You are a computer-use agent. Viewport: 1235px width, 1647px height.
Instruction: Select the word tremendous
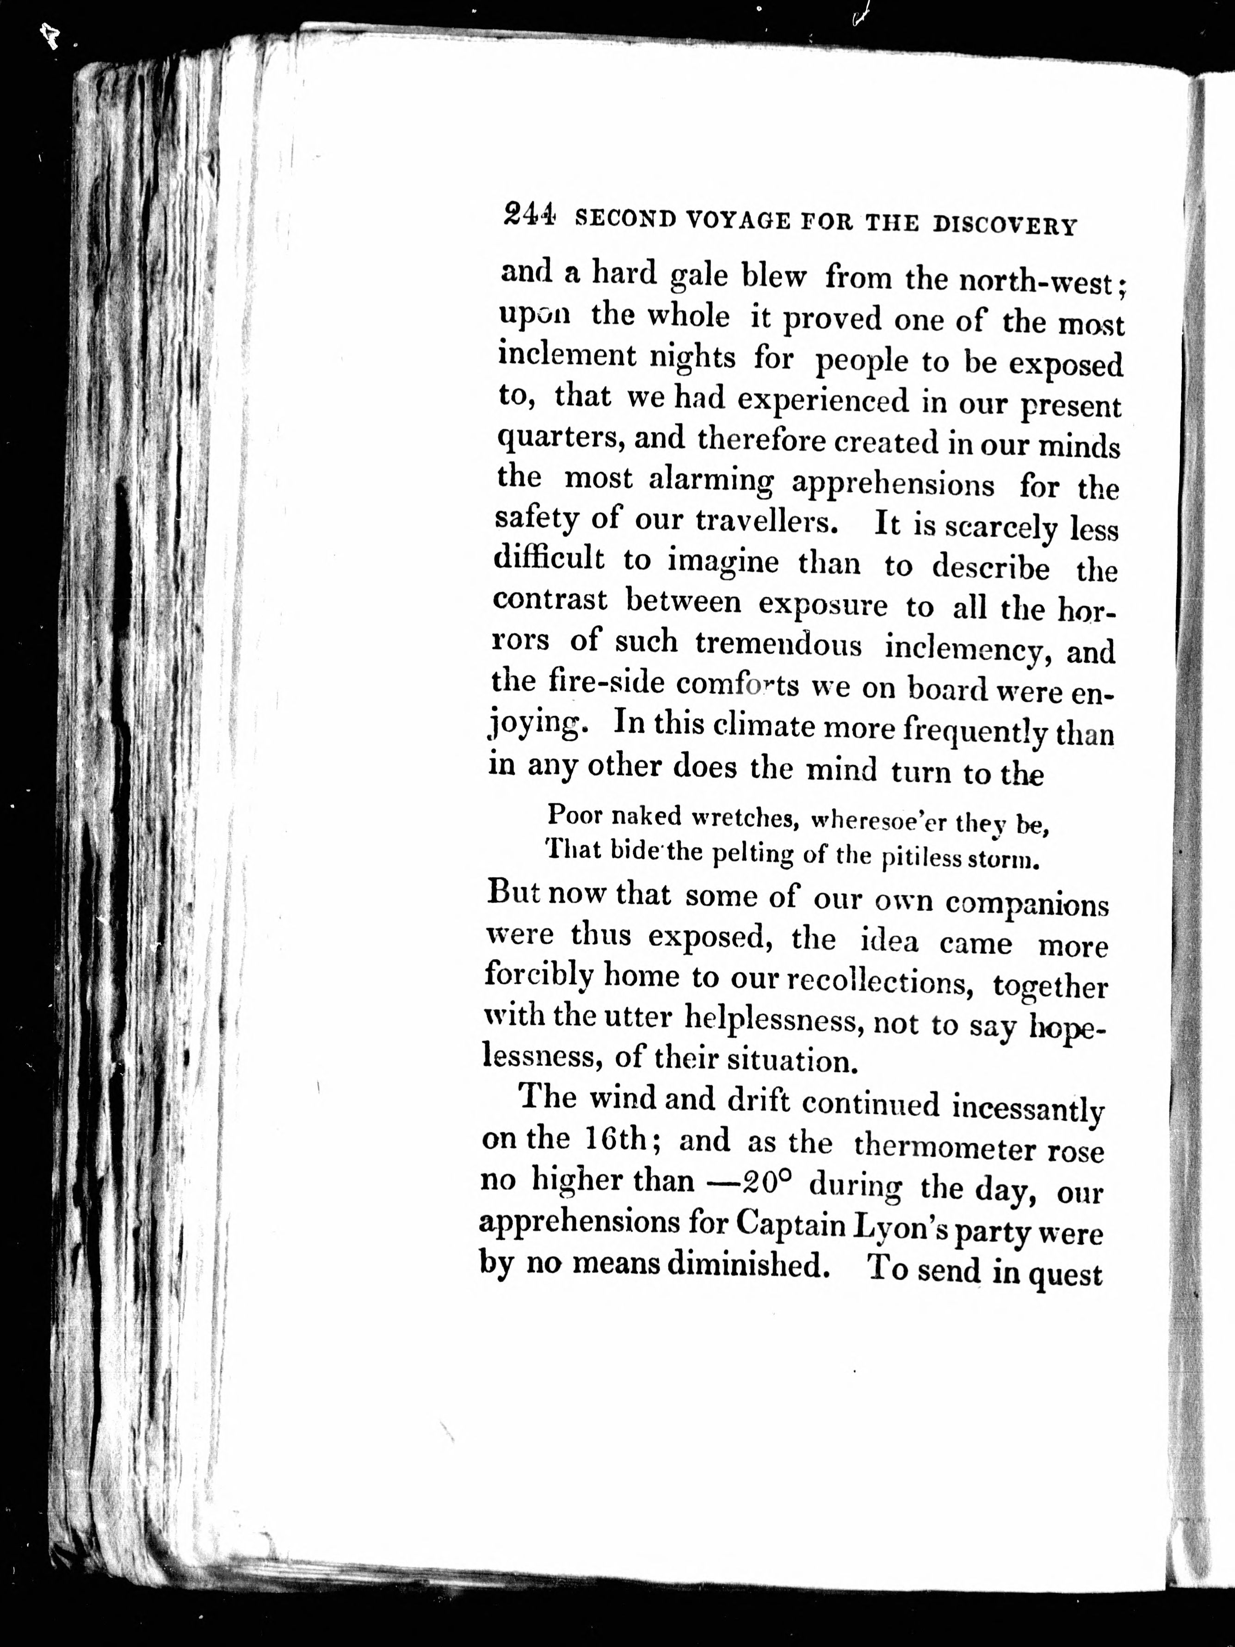[778, 644]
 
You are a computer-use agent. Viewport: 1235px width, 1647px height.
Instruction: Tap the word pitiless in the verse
[920, 859]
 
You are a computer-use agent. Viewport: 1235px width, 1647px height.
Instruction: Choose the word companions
[1027, 904]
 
